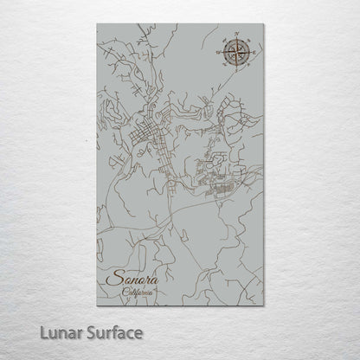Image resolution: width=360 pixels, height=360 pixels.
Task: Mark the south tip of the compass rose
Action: click(x=235, y=70)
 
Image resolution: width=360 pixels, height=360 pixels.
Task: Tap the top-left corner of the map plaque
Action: click(x=92, y=24)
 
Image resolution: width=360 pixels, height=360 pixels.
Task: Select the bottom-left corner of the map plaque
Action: click(x=92, y=306)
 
